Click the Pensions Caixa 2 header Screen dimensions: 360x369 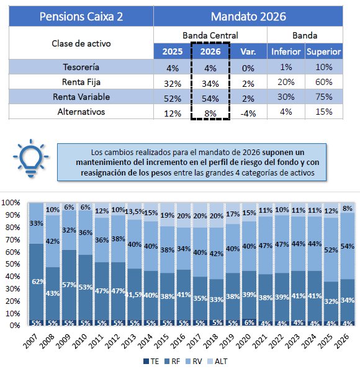[81, 17]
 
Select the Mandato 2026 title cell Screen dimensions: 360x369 [248, 17]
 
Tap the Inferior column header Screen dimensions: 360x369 [286, 51]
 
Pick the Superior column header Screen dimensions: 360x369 [324, 51]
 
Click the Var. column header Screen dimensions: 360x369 [248, 51]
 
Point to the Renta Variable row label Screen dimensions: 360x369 [81, 97]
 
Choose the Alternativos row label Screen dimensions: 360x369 [81, 112]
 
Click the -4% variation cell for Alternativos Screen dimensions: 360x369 [248, 113]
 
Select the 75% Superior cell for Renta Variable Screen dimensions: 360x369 [324, 97]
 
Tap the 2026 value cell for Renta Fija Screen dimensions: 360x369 [210, 84]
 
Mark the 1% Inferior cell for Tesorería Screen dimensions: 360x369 [286, 67]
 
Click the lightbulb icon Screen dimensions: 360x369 [30, 158]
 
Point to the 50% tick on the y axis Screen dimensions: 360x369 [12, 264]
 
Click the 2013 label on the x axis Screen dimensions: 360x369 [129, 341]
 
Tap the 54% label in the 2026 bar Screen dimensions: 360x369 [348, 246]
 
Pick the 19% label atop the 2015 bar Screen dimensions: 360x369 [168, 215]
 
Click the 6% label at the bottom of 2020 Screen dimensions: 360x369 [250, 322]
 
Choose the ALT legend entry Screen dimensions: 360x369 [217, 361]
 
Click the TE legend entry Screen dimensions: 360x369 [151, 361]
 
